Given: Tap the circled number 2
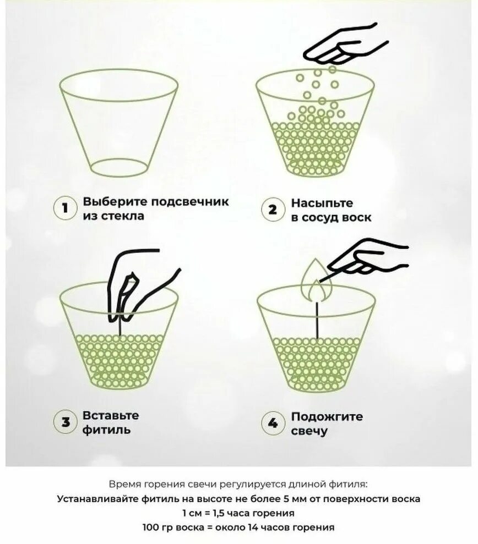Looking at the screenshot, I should pos(272,210).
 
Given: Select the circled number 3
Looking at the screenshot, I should pos(65,422).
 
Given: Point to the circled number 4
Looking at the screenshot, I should pos(272,422).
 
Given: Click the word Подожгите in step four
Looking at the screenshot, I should pos(327,416).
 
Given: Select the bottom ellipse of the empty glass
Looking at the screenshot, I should pos(118,168).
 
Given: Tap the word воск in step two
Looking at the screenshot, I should pos(357,217).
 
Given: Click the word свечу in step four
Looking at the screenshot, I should pos(309,431).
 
